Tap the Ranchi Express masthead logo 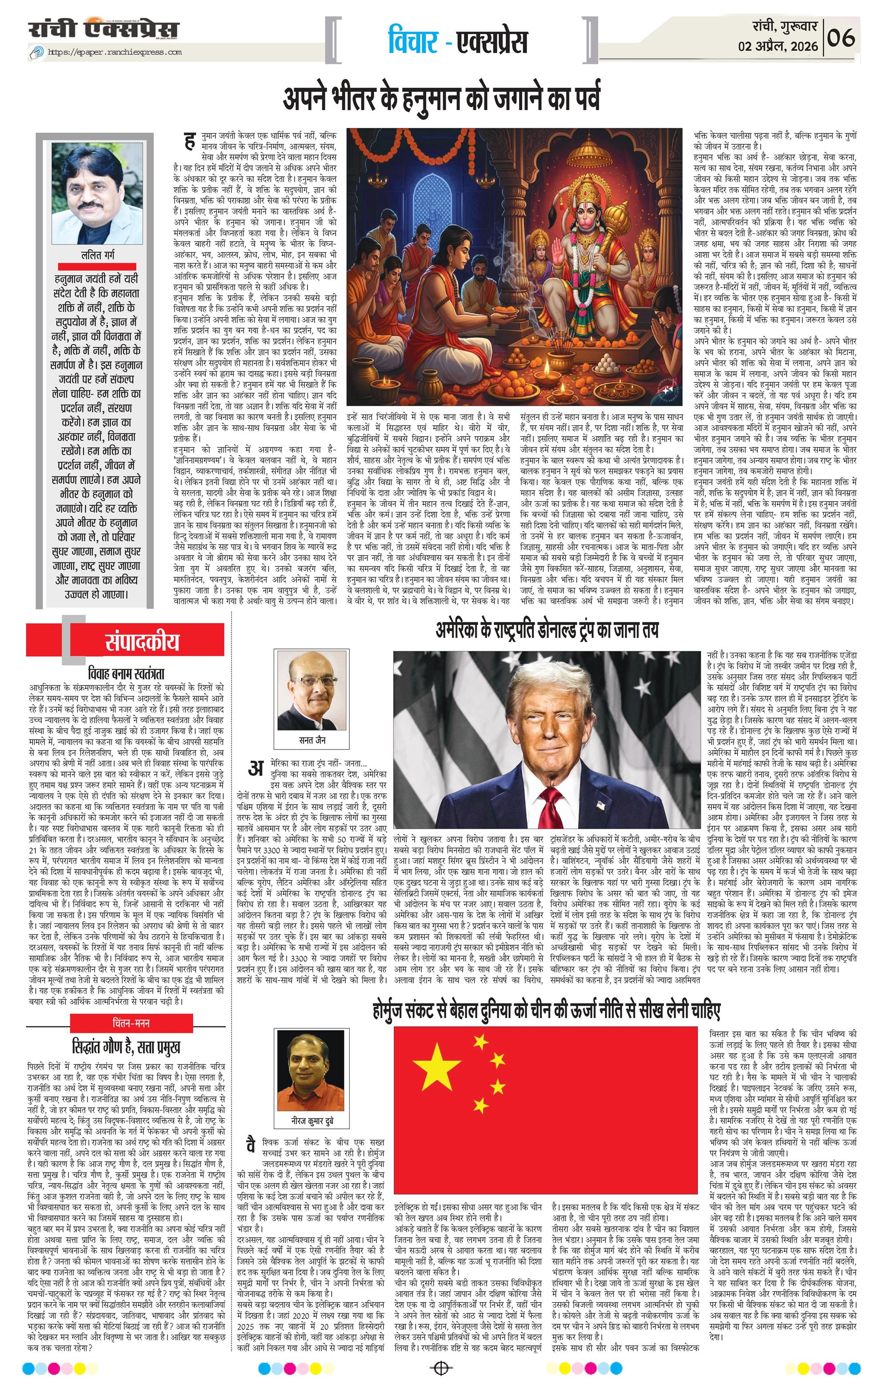(x=104, y=30)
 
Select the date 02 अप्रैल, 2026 (x=779, y=46)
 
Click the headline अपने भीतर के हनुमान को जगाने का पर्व (x=441, y=98)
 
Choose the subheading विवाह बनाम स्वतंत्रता (x=127, y=673)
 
